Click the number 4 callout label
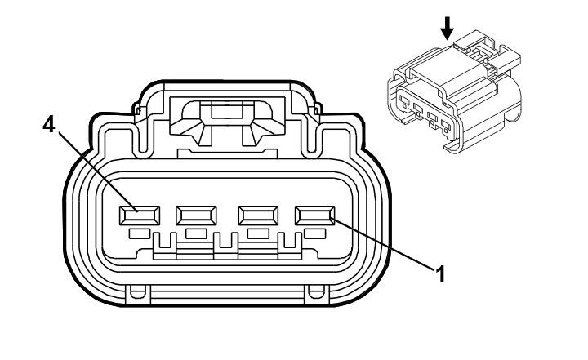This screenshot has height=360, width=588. [x=49, y=124]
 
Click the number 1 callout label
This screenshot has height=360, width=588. [x=440, y=274]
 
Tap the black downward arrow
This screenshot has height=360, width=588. [x=447, y=29]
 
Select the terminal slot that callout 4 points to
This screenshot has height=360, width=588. [x=140, y=216]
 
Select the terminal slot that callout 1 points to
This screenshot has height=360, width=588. [x=315, y=216]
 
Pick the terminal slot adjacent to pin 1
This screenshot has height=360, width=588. [x=258, y=216]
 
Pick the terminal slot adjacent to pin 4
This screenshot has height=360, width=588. [x=196, y=216]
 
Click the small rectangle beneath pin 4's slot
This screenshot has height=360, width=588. [x=140, y=234]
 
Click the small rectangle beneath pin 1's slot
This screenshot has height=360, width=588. [x=315, y=234]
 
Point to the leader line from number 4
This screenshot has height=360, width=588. [x=98, y=172]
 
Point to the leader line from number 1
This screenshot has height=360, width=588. [x=384, y=245]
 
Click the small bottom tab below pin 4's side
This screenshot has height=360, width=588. [x=138, y=291]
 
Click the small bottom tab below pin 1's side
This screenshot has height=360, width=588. [x=316, y=291]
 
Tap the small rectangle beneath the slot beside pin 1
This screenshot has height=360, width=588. [x=258, y=234]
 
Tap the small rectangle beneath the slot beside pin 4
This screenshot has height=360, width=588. [x=196, y=234]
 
